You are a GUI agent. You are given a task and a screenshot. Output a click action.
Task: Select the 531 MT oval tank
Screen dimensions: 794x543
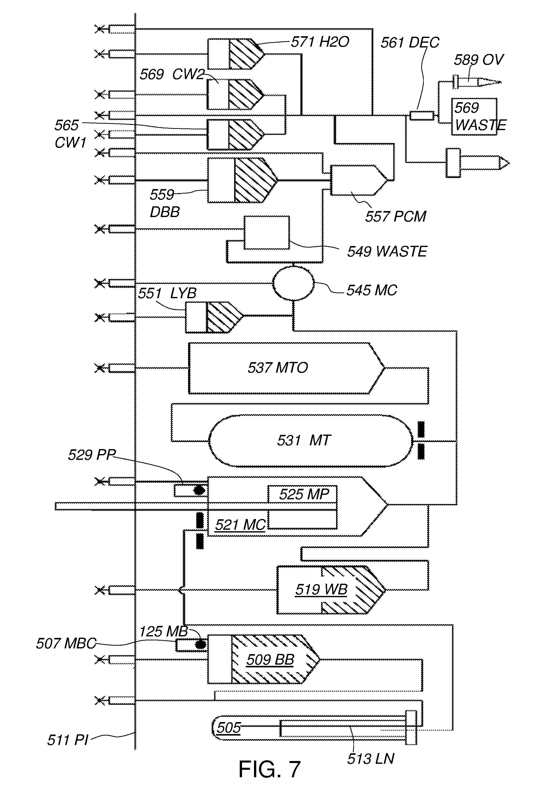(310, 441)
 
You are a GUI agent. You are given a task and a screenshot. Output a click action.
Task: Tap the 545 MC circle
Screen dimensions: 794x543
(293, 283)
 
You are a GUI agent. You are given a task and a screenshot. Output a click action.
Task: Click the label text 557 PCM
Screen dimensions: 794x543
(395, 216)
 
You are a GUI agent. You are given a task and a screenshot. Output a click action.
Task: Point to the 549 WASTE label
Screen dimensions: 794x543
(387, 252)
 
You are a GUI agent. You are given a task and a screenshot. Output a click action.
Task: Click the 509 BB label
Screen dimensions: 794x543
(270, 659)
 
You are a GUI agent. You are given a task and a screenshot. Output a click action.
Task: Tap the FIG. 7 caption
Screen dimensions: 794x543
(269, 770)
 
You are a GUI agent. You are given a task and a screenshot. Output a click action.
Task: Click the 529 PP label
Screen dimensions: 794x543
(92, 455)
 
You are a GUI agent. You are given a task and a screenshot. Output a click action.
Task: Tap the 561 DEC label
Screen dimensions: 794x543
(410, 43)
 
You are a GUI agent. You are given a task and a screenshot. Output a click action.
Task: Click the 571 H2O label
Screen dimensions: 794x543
(320, 42)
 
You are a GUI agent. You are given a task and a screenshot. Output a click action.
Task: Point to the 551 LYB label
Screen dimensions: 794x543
(167, 293)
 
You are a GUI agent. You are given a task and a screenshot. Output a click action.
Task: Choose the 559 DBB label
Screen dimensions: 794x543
(164, 203)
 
